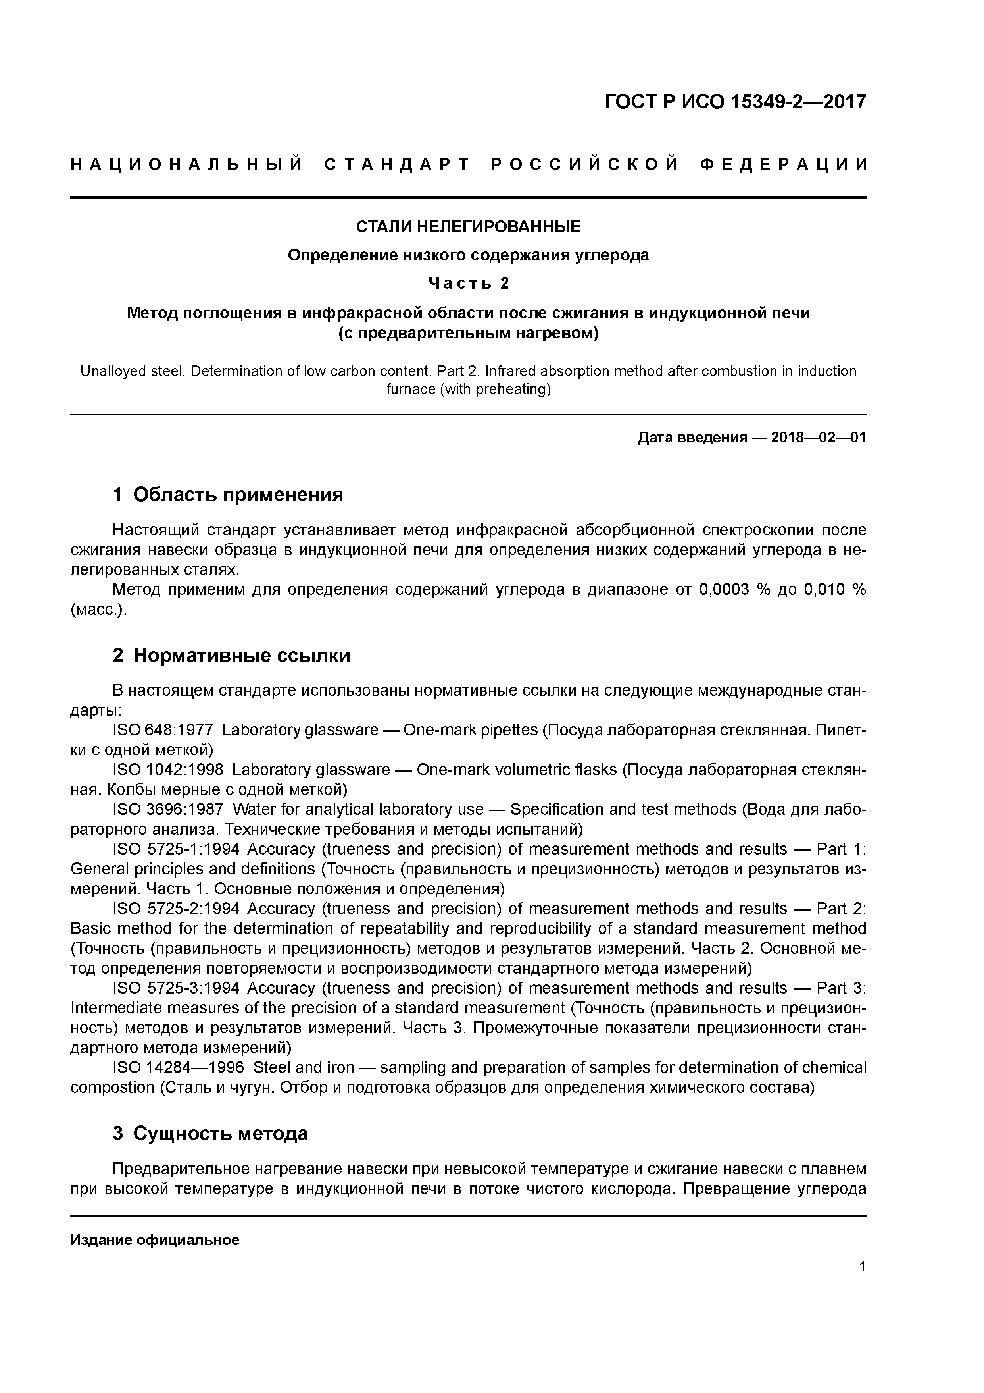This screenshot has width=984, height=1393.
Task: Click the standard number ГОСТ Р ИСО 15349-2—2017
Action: [x=736, y=102]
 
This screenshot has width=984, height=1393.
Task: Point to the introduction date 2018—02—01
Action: [x=818, y=438]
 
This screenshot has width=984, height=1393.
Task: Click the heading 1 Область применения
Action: [x=228, y=494]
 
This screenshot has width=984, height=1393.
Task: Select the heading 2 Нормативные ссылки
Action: [x=232, y=655]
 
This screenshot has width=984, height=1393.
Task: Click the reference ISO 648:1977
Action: [x=163, y=730]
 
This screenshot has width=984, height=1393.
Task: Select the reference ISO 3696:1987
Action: [x=168, y=809]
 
